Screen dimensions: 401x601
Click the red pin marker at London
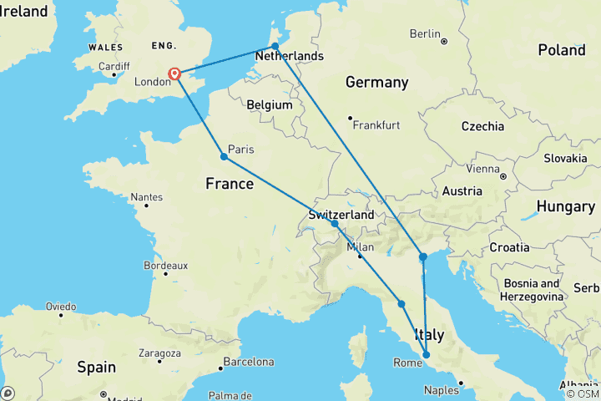coord(175,74)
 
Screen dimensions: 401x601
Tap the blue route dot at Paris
coord(224,156)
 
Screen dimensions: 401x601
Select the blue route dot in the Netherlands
coord(275,47)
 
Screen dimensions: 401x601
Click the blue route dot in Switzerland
coord(335,224)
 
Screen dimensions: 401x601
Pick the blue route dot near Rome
coord(427,355)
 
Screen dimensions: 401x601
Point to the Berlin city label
coord(424,33)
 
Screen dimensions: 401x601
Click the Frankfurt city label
coord(376,125)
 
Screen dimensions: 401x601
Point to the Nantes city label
coord(147,198)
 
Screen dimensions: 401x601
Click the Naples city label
coord(442,390)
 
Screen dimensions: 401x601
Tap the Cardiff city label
coord(114,66)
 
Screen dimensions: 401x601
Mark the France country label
coord(229,183)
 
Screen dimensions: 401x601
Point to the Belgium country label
coord(270,105)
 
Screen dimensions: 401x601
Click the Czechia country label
coord(483,126)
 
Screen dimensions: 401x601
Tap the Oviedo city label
coord(62,306)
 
